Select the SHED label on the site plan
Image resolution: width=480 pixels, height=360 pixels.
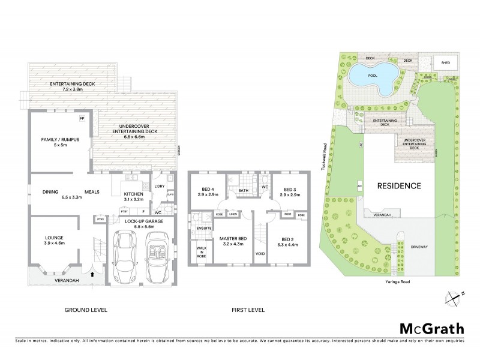445,62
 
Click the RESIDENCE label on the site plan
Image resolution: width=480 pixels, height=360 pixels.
399,185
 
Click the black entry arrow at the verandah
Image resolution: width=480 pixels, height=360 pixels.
92,273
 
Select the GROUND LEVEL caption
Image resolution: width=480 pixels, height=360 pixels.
86,310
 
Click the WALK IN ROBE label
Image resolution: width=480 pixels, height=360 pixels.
199,252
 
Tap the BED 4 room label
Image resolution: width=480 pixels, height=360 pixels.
207,193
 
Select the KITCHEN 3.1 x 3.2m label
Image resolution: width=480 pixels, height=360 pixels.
134,197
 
